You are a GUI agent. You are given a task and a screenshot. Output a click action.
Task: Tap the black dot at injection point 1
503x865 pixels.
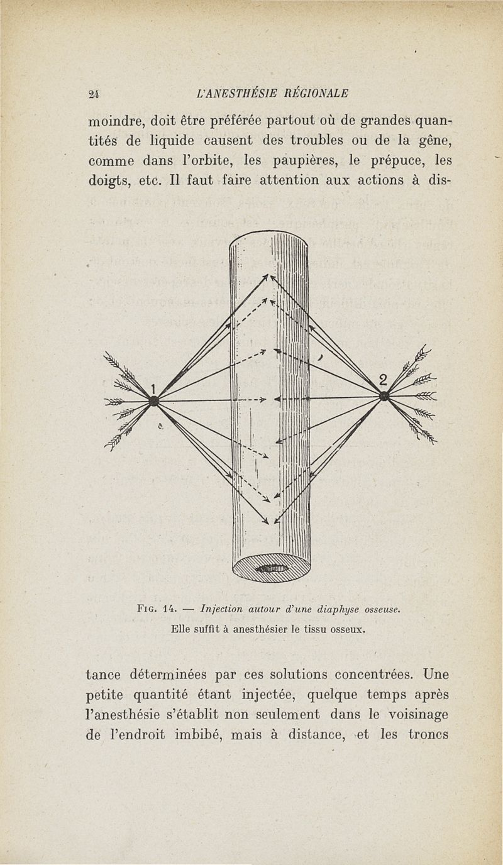[x=154, y=401]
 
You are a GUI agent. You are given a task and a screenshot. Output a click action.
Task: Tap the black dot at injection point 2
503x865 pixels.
[x=384, y=396]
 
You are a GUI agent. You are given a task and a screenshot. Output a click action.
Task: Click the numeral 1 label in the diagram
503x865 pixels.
[x=153, y=388]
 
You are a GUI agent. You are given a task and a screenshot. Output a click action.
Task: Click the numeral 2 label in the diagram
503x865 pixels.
[x=383, y=380]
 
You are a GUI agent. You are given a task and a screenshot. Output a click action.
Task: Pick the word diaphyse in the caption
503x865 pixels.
[x=338, y=610]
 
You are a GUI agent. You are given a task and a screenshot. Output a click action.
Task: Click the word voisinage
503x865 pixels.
[x=418, y=715]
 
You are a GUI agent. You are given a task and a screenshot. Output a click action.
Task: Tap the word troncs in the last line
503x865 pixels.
[x=428, y=734]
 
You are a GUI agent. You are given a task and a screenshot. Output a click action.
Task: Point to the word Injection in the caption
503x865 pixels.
[x=221, y=610]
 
